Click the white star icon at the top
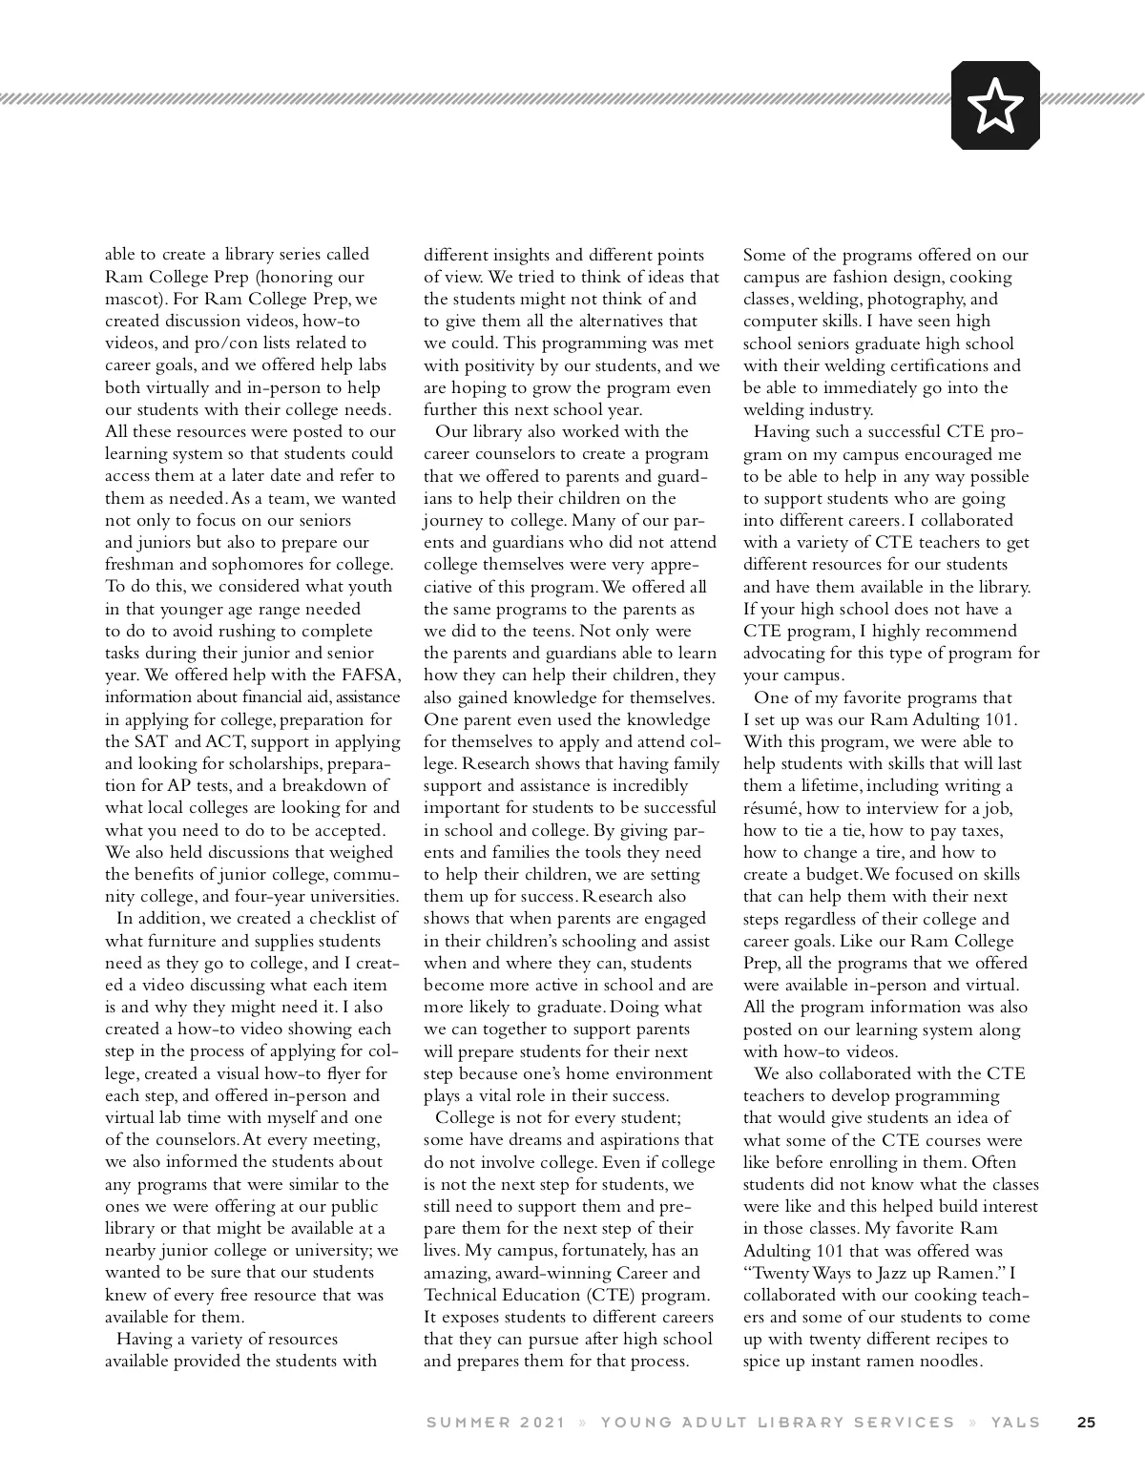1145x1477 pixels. [995, 105]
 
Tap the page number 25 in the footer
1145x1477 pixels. [1086, 1422]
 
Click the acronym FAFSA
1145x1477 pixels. [368, 676]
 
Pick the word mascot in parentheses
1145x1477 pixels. [133, 299]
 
